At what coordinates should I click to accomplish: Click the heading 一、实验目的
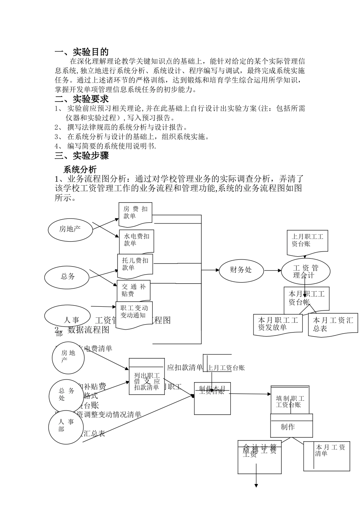(x=82, y=52)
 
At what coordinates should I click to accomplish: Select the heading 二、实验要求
(x=82, y=99)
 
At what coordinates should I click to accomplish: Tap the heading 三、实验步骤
(x=82, y=156)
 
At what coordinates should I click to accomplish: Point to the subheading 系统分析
(x=80, y=169)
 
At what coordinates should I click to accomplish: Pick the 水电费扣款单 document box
(x=136, y=240)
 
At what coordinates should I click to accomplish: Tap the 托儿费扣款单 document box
(x=135, y=264)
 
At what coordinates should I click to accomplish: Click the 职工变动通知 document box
(x=134, y=314)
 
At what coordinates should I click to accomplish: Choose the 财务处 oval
(x=241, y=270)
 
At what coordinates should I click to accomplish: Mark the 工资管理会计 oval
(x=305, y=271)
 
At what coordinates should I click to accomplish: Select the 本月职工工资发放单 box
(x=278, y=325)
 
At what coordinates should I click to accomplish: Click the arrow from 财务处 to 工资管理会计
(x=272, y=270)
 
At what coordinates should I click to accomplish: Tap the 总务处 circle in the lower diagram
(x=66, y=395)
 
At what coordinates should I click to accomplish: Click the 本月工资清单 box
(x=327, y=456)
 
